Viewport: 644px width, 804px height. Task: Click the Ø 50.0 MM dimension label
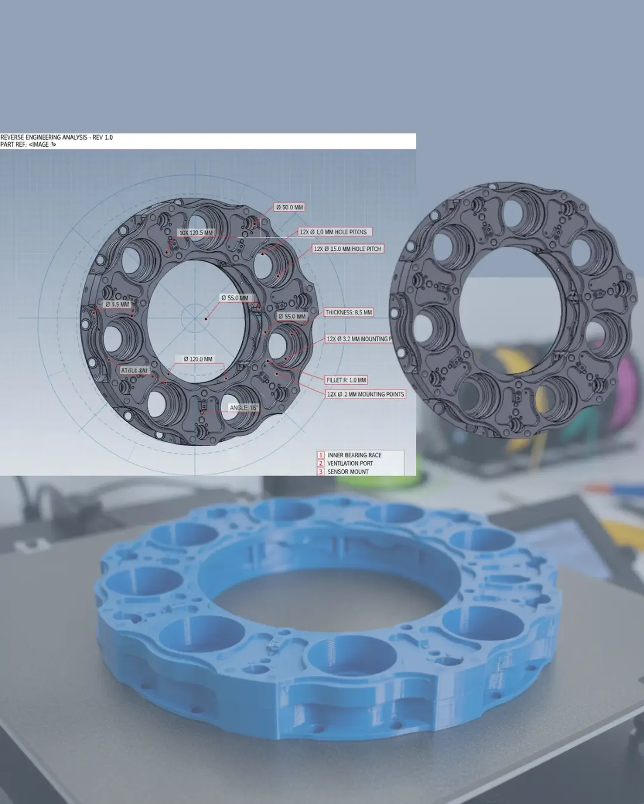pyautogui.click(x=290, y=207)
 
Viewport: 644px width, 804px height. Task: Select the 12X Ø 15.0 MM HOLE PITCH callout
pyautogui.click(x=347, y=249)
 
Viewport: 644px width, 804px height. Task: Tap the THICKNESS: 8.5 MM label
pyautogui.click(x=349, y=312)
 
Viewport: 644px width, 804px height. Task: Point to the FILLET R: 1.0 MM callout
pyautogui.click(x=346, y=380)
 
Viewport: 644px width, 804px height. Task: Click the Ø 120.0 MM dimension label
pyautogui.click(x=198, y=359)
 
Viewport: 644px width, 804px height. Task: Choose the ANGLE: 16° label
pyautogui.click(x=244, y=408)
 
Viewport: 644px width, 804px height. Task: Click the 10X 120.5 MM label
pyautogui.click(x=196, y=233)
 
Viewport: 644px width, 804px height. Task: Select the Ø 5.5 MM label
pyautogui.click(x=117, y=304)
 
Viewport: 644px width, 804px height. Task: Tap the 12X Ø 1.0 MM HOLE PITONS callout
pyautogui.click(x=333, y=232)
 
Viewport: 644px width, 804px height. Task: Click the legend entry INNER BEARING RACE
pyautogui.click(x=354, y=455)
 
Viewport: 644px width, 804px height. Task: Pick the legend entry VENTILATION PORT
pyautogui.click(x=350, y=463)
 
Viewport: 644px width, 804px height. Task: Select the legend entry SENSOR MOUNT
pyautogui.click(x=347, y=472)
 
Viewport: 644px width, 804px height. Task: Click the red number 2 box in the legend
pyautogui.click(x=321, y=463)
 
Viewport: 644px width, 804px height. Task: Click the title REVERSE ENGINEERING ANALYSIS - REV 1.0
pyautogui.click(x=56, y=137)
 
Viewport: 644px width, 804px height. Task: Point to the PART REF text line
pyautogui.click(x=28, y=144)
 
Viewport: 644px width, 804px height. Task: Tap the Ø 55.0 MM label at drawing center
pyautogui.click(x=234, y=298)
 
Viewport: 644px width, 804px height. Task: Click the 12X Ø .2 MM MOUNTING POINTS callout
pyautogui.click(x=366, y=394)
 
